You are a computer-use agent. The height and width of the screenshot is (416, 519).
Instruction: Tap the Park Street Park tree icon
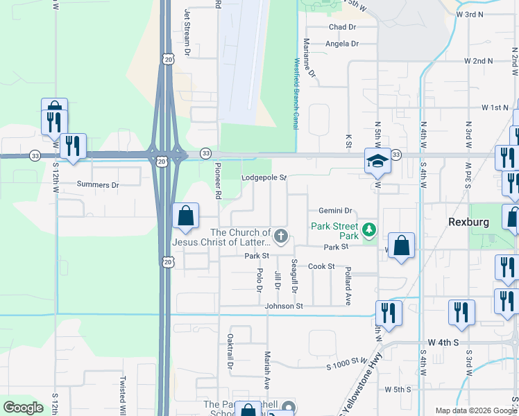coord(370,228)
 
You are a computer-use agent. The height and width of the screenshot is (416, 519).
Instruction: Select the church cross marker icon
coord(281,237)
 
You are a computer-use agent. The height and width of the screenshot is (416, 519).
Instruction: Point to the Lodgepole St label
coord(264,178)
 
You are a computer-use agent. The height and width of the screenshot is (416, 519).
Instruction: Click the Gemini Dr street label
coord(336,211)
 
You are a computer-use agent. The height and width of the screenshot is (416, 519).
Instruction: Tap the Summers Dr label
coord(98,185)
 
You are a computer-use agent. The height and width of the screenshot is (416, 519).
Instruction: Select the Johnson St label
coord(283,306)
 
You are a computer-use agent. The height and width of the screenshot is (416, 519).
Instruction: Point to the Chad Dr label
coord(342,27)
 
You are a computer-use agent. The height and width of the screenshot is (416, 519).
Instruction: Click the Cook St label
coord(321,266)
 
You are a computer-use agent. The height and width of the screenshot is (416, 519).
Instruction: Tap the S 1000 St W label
coord(346,361)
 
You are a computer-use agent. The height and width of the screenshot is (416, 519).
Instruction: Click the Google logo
coord(23,408)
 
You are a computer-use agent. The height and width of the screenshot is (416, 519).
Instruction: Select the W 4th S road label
coord(444,343)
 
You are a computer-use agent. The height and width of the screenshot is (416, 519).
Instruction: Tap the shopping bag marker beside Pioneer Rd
coord(185,217)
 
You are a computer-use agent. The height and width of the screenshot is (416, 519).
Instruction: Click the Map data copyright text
coord(475,411)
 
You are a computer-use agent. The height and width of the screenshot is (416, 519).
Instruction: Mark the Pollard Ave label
coord(348,284)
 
